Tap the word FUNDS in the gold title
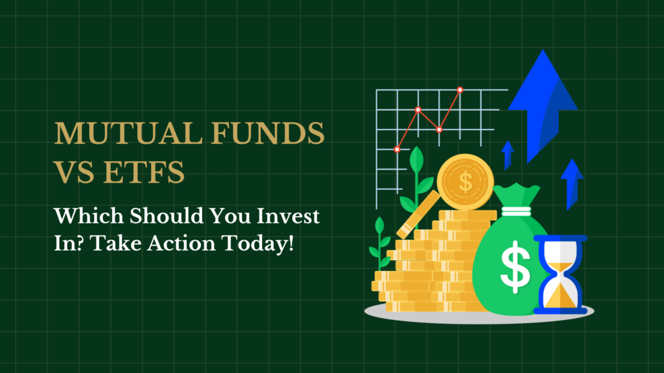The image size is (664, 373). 268,133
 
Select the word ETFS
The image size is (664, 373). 144,172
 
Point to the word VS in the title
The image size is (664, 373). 75,172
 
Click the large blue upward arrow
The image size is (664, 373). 543,106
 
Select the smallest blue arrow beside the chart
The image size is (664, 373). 507,155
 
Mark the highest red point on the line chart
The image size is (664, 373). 460,89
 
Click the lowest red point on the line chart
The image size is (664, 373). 397,150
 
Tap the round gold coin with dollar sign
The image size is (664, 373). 466,182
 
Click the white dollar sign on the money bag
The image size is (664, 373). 516,267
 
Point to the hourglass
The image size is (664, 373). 560,275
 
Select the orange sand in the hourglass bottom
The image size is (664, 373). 560,295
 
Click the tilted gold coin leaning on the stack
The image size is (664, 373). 418,214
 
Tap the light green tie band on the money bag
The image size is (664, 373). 516,211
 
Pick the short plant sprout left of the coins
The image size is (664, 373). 380,243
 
